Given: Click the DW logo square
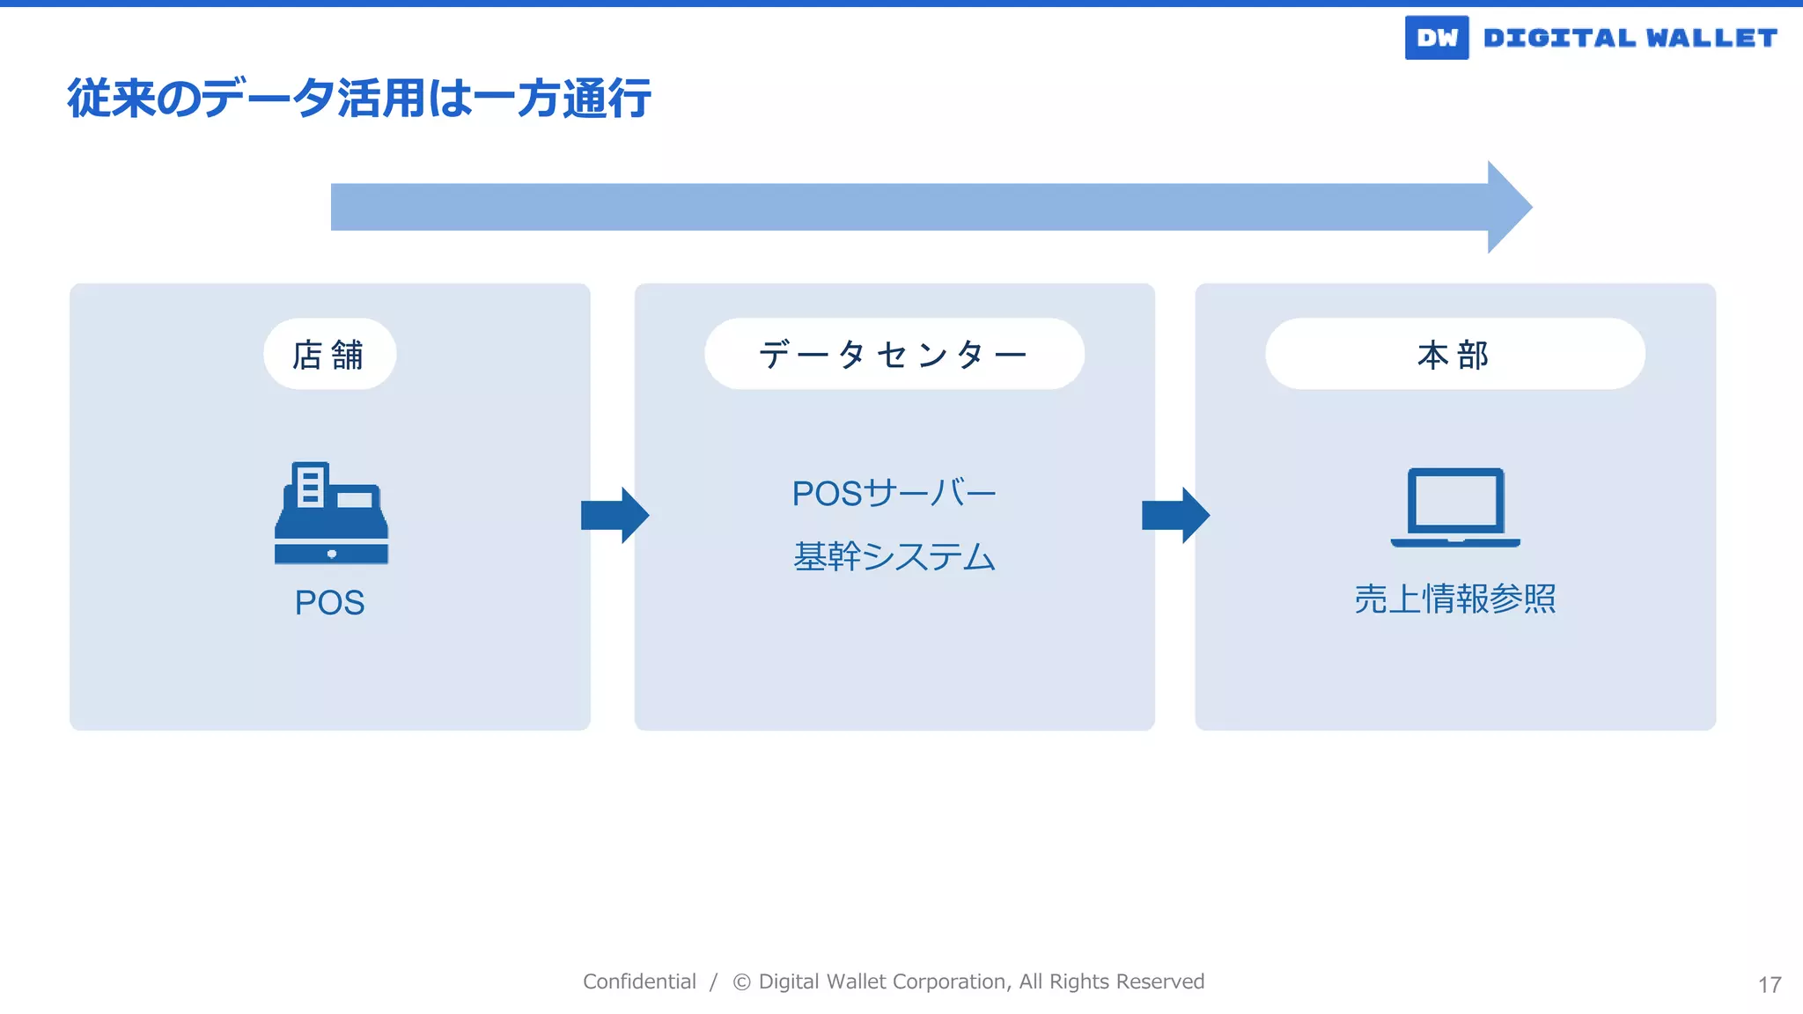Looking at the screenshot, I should pyautogui.click(x=1436, y=38).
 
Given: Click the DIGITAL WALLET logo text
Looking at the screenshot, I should pyautogui.click(x=1630, y=38).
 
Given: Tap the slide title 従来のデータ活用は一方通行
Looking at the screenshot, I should pyautogui.click(x=359, y=98).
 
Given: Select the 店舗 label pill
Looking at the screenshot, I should pyautogui.click(x=329, y=354).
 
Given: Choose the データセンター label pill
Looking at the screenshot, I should pyautogui.click(x=894, y=354).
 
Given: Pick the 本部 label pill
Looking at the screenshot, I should pyautogui.click(x=1454, y=354).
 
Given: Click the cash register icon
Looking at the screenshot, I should pyautogui.click(x=331, y=514).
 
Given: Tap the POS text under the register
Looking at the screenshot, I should pyautogui.click(x=329, y=603).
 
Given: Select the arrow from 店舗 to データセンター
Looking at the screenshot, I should pyautogui.click(x=614, y=515).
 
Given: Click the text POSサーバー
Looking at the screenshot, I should pyautogui.click(x=894, y=493).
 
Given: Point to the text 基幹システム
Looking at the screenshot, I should pyautogui.click(x=894, y=556).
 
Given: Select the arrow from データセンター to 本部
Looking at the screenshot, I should pyautogui.click(x=1175, y=515).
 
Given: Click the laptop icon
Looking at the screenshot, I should pyautogui.click(x=1455, y=507).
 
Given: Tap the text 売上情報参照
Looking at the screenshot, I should pyautogui.click(x=1454, y=599).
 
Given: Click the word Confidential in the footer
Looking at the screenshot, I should pyautogui.click(x=639, y=981).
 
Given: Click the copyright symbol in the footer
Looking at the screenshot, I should pyautogui.click(x=741, y=982).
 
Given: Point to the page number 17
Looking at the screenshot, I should pyautogui.click(x=1770, y=985).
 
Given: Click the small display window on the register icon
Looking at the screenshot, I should pyautogui.click(x=355, y=500).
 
